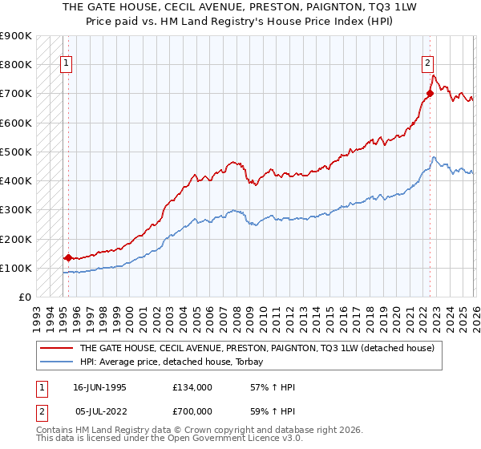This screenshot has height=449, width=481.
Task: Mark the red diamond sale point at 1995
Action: (x=68, y=258)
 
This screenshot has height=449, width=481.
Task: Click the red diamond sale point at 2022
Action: (x=430, y=93)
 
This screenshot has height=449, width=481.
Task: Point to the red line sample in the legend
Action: (x=58, y=349)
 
